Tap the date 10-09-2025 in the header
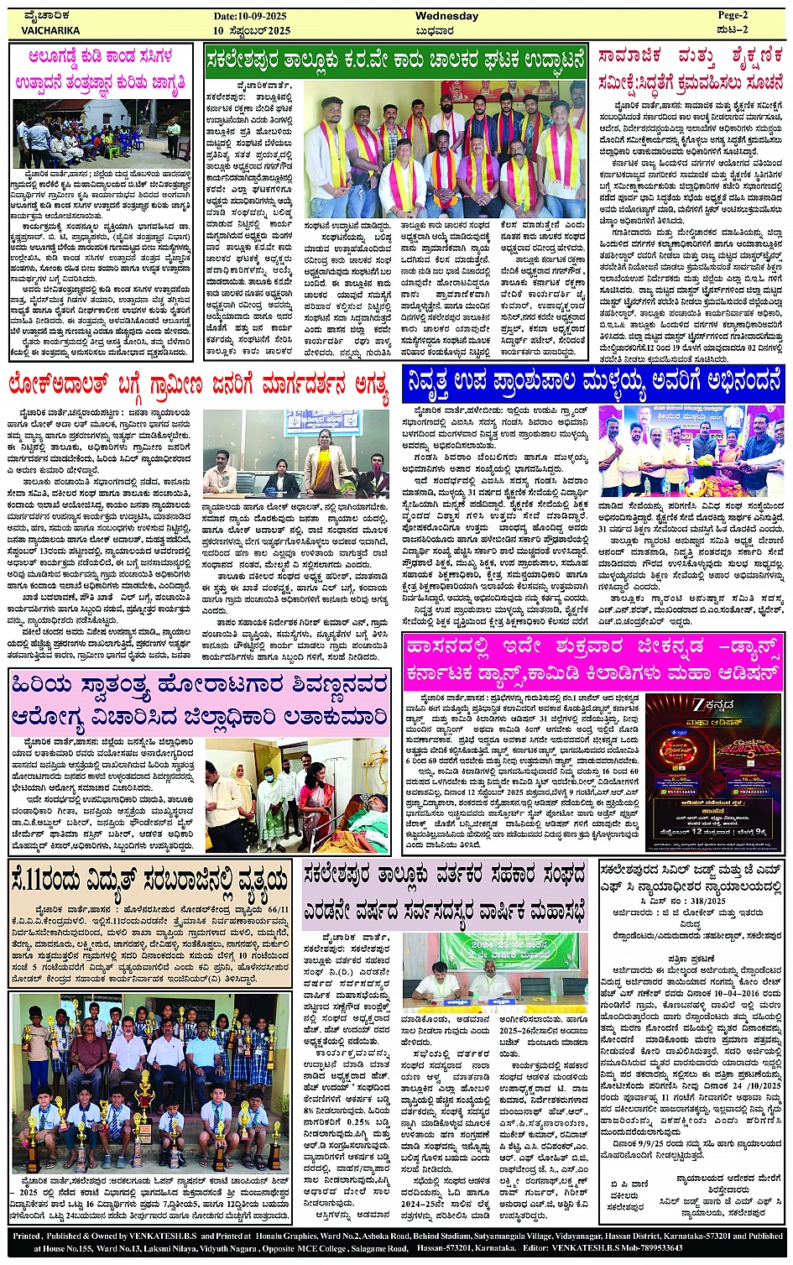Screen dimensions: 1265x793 pyautogui.click(x=252, y=16)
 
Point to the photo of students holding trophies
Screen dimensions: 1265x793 pyautogui.click(x=151, y=1085)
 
